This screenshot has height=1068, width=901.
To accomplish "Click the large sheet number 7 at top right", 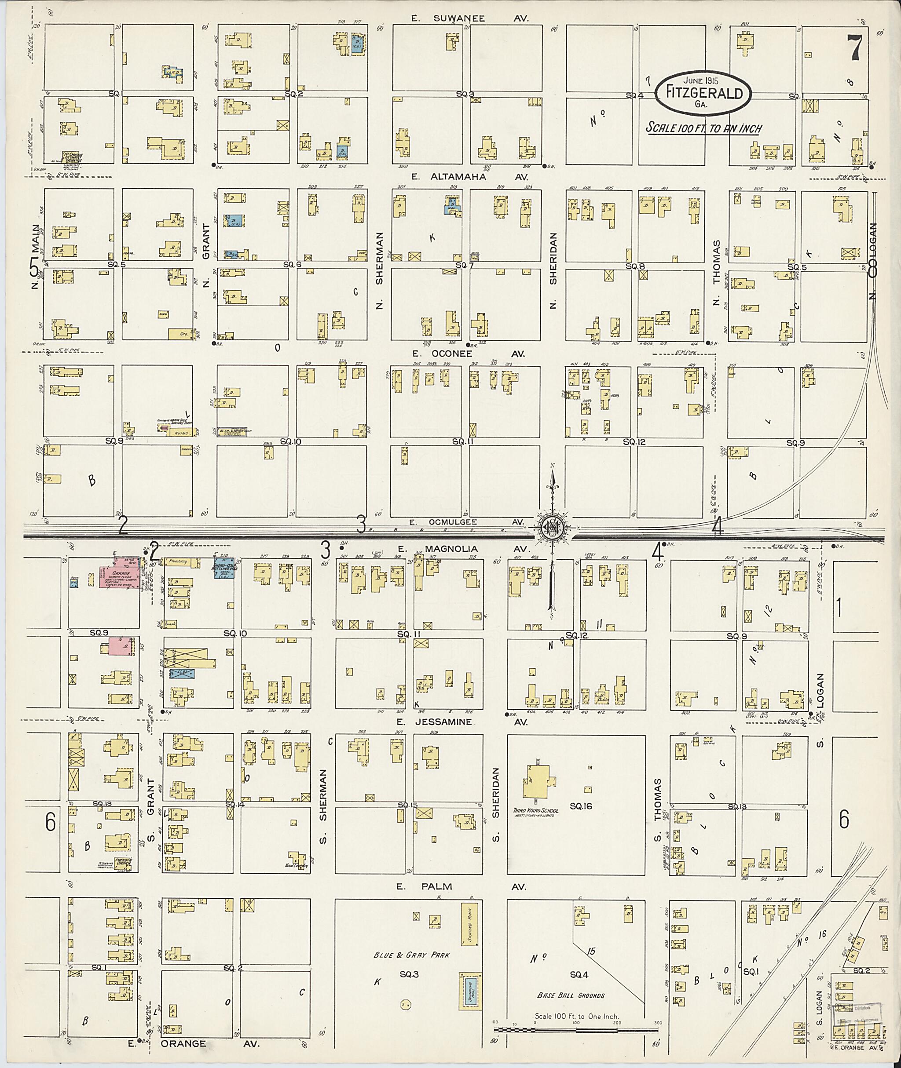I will [854, 48].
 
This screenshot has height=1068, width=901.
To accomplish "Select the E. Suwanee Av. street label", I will [470, 18].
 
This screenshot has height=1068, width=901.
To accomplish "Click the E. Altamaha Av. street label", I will [470, 177].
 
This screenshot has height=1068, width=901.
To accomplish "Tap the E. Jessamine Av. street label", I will [462, 722].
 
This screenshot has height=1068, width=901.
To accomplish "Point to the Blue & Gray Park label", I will [411, 955].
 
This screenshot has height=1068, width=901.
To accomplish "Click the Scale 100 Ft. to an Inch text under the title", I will [704, 128].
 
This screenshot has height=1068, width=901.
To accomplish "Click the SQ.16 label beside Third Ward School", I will [581, 807].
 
